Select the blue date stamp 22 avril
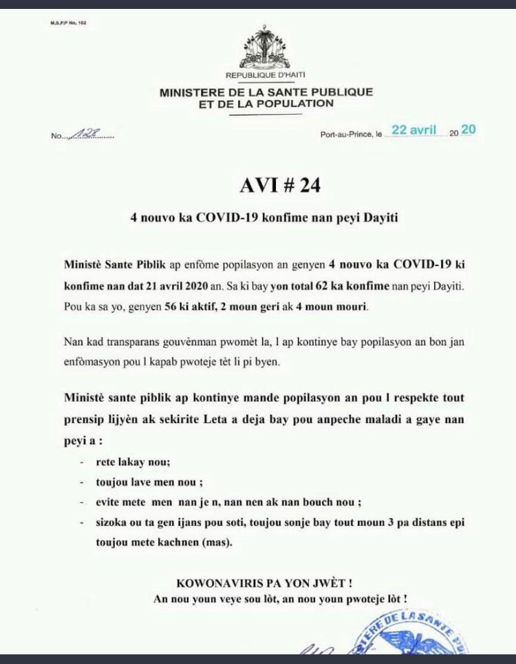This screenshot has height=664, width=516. click(414, 129)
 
